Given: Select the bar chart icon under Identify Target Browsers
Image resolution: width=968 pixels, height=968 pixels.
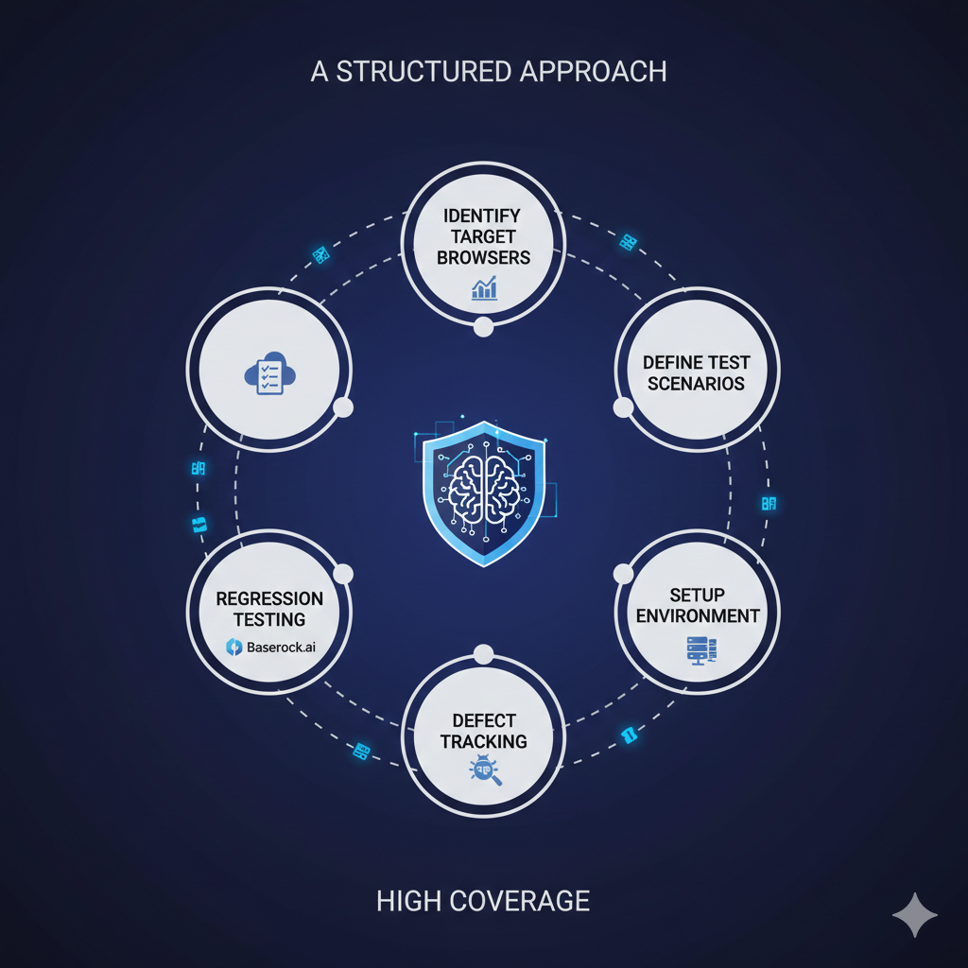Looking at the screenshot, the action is pos(484,287).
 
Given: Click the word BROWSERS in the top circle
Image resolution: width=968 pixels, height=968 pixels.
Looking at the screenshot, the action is pos(484,256).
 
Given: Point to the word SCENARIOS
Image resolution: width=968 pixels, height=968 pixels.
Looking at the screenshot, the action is pos(697,384).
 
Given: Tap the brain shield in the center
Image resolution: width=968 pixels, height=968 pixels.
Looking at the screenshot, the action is pos(484,492).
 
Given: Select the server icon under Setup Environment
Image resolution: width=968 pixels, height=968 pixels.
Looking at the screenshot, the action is pos(699,649).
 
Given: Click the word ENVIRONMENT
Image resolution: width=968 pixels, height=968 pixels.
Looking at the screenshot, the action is pos(698,616).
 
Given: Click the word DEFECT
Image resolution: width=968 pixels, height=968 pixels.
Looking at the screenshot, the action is pos(484,720).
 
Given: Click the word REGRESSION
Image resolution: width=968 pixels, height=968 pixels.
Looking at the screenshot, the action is pos(270,598).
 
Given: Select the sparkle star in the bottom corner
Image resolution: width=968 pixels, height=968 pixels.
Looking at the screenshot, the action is pos(915,915).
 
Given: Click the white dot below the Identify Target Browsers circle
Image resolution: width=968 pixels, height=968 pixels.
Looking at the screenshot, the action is pos(484,328).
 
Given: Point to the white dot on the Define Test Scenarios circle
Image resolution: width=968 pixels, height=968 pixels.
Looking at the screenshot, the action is pos(624,407).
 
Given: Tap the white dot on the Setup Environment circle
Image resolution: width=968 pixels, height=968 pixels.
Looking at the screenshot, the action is pos(624,574).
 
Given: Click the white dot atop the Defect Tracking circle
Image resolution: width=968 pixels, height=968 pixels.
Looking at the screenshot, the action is pos(484,653).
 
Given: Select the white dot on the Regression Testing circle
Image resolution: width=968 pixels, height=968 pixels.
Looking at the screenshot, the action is pos(343,574).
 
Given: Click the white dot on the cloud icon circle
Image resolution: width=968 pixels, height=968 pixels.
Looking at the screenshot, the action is pos(343,407).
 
